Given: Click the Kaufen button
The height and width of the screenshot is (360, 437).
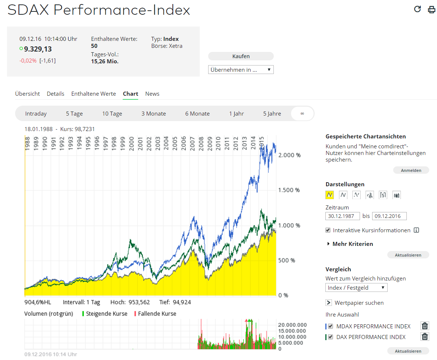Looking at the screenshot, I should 241,56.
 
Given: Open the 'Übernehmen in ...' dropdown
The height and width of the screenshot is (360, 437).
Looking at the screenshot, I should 241,70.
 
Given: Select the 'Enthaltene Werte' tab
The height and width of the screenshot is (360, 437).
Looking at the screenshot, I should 93,94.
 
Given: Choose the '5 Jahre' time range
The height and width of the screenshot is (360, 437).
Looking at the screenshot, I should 272,114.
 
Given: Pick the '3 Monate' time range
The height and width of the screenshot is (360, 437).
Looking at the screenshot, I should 153,114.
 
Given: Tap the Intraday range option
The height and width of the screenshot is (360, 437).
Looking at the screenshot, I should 36,114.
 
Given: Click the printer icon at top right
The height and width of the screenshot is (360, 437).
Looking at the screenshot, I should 431,10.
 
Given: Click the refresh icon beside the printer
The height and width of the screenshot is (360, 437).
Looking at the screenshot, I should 417,9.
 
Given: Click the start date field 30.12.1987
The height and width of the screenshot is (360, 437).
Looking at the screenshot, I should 342,216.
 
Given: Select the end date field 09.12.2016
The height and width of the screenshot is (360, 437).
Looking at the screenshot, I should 389,216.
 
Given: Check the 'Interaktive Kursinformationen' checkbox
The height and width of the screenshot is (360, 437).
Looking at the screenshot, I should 328,230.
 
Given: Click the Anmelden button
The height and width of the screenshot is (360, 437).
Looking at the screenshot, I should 411,170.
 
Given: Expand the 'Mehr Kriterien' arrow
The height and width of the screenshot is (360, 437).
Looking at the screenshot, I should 328,244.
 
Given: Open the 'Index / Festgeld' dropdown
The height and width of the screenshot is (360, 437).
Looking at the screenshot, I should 356,287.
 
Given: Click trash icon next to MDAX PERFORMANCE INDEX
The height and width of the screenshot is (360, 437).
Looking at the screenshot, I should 425,326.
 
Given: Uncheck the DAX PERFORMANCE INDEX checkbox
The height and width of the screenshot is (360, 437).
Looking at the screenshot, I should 331,337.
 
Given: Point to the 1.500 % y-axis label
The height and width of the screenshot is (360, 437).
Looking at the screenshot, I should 289,190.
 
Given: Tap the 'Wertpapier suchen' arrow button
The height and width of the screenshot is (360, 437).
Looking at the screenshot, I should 329,303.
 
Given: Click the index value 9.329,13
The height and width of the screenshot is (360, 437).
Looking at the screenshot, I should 38,49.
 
